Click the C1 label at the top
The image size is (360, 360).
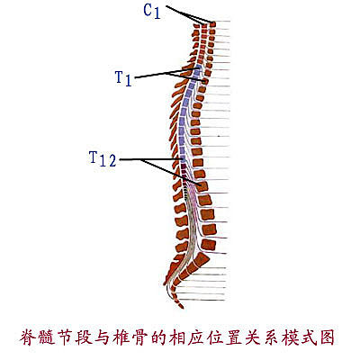[x=152, y=12]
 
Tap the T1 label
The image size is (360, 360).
[x=123, y=78]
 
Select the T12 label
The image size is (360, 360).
[x=103, y=158]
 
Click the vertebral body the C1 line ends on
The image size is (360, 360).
[x=212, y=24]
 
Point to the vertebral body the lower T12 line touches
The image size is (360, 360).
[x=202, y=186]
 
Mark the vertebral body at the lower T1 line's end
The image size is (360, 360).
[x=205, y=81]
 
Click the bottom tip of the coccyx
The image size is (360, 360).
[x=181, y=307]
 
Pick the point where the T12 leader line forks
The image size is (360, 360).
[x=140, y=159]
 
